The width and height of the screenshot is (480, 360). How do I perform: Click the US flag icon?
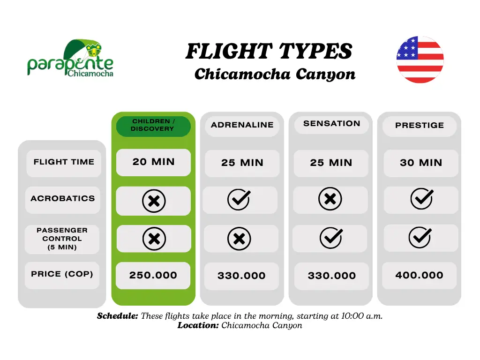420,60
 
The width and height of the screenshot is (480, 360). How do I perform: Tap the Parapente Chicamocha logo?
70,58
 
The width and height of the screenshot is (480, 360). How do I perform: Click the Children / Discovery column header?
153,126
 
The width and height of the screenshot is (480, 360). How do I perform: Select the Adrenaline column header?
242,125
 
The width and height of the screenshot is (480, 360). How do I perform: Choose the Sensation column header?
331,124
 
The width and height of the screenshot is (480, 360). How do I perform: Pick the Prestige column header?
420,126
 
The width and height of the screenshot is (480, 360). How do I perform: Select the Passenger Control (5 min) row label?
62,239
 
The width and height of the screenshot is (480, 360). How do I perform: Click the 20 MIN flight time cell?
153,162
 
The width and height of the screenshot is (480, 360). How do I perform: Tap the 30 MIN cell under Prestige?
421,163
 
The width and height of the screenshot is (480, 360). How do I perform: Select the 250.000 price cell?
153,275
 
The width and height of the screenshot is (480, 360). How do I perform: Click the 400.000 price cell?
420,276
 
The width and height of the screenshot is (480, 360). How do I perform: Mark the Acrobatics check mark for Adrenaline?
239,199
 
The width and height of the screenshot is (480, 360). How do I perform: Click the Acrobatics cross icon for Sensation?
330,199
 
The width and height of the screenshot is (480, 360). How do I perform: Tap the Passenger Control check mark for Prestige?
420,237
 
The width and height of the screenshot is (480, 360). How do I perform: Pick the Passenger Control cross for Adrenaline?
239,239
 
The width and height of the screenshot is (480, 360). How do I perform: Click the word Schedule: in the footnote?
118,316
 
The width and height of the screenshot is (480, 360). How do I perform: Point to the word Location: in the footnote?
198,325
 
